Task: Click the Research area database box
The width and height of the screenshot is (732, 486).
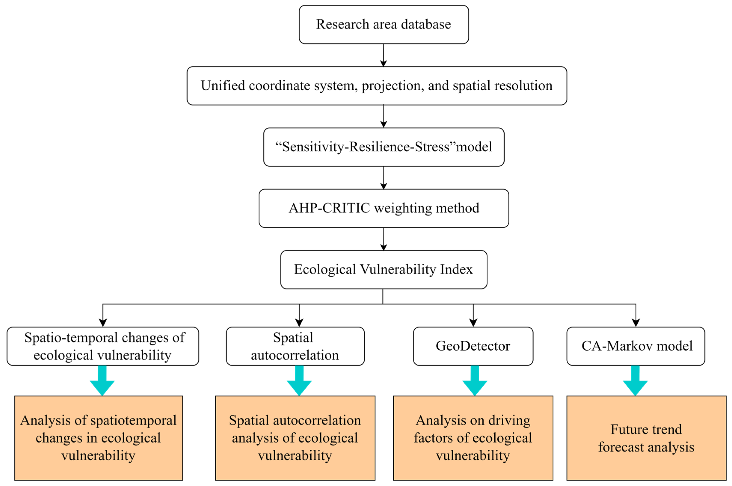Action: [x=384, y=25]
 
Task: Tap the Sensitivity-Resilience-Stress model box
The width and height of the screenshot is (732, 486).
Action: [x=384, y=147]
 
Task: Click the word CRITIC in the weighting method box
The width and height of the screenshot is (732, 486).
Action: [x=346, y=208]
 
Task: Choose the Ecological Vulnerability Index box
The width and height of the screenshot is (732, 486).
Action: [x=384, y=269]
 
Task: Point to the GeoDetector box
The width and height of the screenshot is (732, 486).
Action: [x=473, y=346]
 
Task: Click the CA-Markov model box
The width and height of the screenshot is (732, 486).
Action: [x=636, y=346]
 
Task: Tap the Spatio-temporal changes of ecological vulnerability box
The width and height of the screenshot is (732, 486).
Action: [x=103, y=346]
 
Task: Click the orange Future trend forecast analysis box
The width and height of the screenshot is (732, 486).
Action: [x=646, y=438]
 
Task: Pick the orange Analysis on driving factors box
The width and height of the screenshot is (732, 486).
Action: [x=473, y=438]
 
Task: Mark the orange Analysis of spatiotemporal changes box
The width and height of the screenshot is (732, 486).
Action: [x=98, y=438]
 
